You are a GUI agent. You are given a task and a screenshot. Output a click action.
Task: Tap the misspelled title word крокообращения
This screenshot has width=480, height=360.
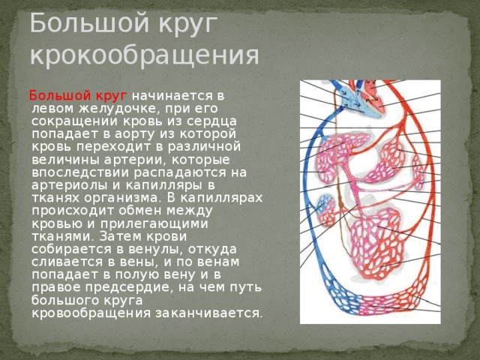coord(145,55)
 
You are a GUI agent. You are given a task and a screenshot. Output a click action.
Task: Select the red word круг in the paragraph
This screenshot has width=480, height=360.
coord(112,96)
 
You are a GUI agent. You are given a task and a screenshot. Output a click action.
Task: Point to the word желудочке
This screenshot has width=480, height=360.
coord(118,109)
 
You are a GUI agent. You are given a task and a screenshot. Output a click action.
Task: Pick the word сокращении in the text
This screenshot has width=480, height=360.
coord(75,121)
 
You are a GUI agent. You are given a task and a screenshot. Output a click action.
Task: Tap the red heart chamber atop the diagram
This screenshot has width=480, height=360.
coord(373,94)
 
